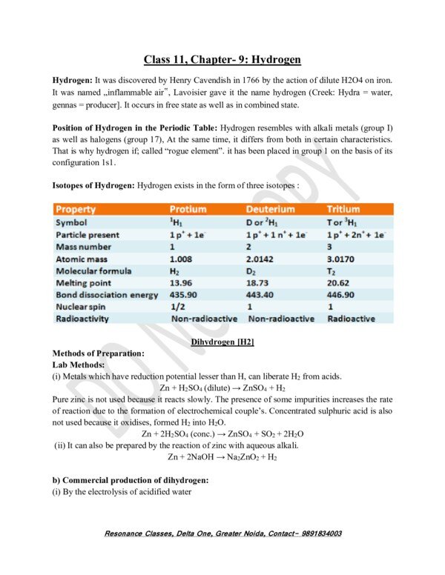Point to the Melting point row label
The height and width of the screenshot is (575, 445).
pos(84,282)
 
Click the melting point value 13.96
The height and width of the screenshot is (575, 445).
pos(182,282)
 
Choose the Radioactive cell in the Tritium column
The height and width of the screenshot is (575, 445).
pos(351,319)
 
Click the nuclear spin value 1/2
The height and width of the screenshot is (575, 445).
pos(177,307)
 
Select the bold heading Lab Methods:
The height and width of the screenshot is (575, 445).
pos(79,365)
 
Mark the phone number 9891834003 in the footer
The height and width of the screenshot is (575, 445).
pos(314,533)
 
